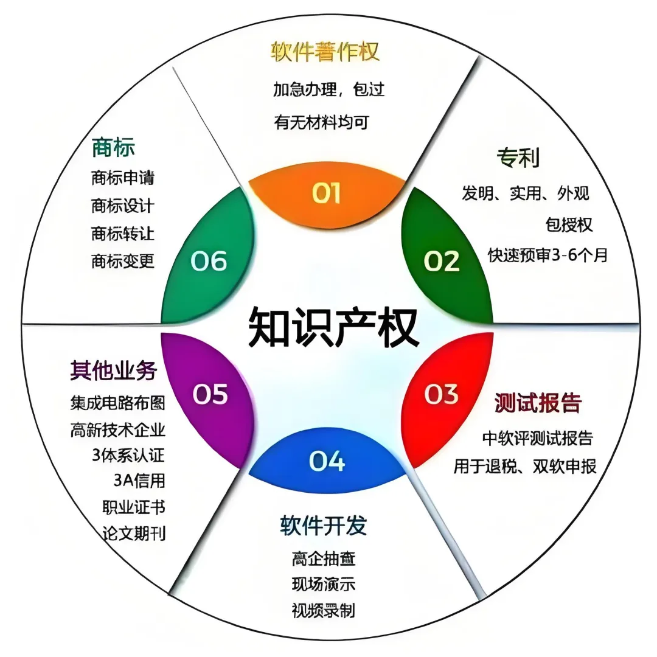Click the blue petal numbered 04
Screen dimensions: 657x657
click(327, 461)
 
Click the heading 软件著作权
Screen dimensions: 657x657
click(325, 52)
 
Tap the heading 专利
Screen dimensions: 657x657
click(518, 158)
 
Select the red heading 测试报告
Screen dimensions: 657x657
click(538, 403)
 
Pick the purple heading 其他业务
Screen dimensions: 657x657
click(114, 370)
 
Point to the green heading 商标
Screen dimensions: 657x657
click(113, 147)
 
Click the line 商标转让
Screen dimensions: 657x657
click(122, 234)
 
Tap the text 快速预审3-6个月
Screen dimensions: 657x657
click(547, 255)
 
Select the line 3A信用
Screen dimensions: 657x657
click(139, 480)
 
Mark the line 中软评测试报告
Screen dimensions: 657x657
click(537, 437)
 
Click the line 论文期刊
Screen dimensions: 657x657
click(134, 534)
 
